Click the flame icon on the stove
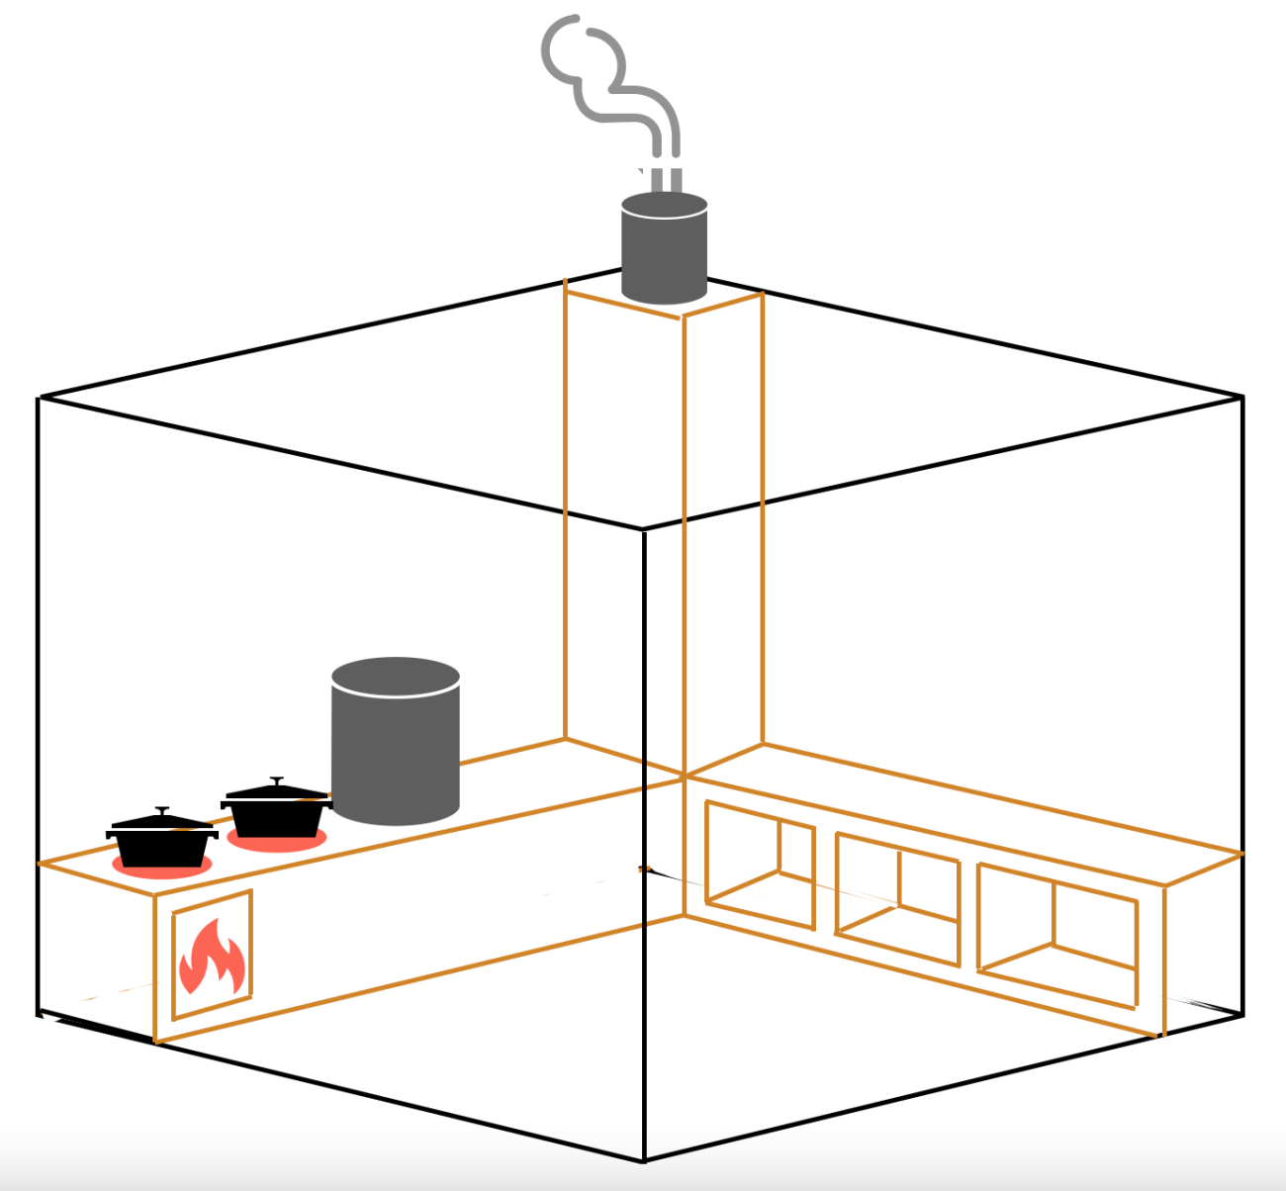(x=212, y=957)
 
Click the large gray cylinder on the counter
(x=396, y=752)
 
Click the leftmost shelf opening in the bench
(x=759, y=866)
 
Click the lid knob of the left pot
(x=162, y=810)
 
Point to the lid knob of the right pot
(x=277, y=780)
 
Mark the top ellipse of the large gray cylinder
(x=396, y=678)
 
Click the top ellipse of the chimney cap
(x=664, y=205)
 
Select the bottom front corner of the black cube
(x=644, y=1159)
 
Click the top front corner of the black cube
(x=643, y=529)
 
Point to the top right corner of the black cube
(x=1242, y=397)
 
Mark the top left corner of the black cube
(x=39, y=398)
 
